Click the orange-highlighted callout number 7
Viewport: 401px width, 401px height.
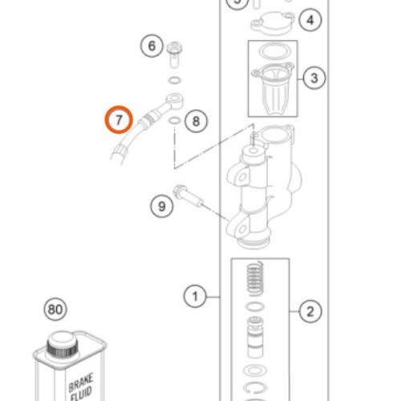pos(119,119)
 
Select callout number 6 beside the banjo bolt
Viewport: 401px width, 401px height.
pos(152,46)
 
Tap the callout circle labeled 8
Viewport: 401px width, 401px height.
pos(196,121)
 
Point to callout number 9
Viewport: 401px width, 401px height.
pos(162,206)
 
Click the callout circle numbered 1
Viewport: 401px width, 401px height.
pos(195,297)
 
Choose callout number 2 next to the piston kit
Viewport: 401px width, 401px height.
pos(310,311)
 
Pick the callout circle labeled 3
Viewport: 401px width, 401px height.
pos(314,78)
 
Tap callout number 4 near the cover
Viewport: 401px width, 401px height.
pos(310,20)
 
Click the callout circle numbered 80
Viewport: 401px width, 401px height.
pos(55,310)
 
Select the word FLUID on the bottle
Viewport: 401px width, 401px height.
pos(82,395)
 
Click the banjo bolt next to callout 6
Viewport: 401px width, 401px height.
pos(174,55)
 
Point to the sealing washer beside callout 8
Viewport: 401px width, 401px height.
pos(175,120)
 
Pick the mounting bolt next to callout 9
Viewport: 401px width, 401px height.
pos(188,196)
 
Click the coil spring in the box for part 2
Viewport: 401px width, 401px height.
pos(256,278)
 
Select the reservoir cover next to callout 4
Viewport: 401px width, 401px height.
pos(272,23)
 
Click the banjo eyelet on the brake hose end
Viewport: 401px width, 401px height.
pos(175,99)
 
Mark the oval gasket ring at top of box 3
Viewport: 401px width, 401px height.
pos(274,51)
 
